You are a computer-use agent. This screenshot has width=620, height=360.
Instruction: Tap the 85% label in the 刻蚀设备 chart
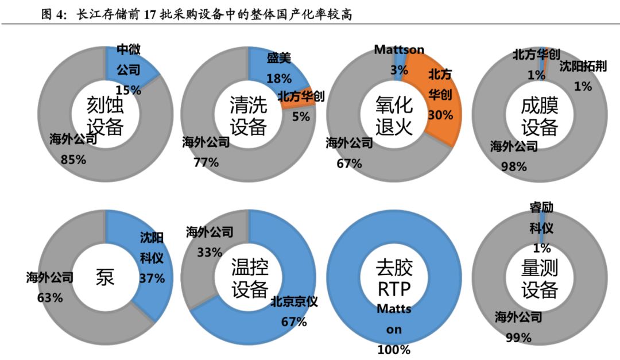coord(73,160)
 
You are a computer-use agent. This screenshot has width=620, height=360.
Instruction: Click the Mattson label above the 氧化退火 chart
coord(399,50)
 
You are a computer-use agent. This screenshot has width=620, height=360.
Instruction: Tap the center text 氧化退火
coord(394,115)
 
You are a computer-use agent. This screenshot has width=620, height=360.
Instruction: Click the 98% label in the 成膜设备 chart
coord(514,167)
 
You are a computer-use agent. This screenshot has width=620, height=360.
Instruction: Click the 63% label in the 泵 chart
coord(50,297)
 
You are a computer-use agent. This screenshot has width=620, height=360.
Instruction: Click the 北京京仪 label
coord(294,302)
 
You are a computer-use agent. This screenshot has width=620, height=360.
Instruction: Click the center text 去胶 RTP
coord(394,277)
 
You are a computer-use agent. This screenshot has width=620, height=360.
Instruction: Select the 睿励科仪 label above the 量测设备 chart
coord(541,218)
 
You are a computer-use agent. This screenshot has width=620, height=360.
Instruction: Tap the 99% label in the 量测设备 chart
coord(518,338)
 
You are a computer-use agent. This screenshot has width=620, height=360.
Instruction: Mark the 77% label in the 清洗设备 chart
coord(206,162)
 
